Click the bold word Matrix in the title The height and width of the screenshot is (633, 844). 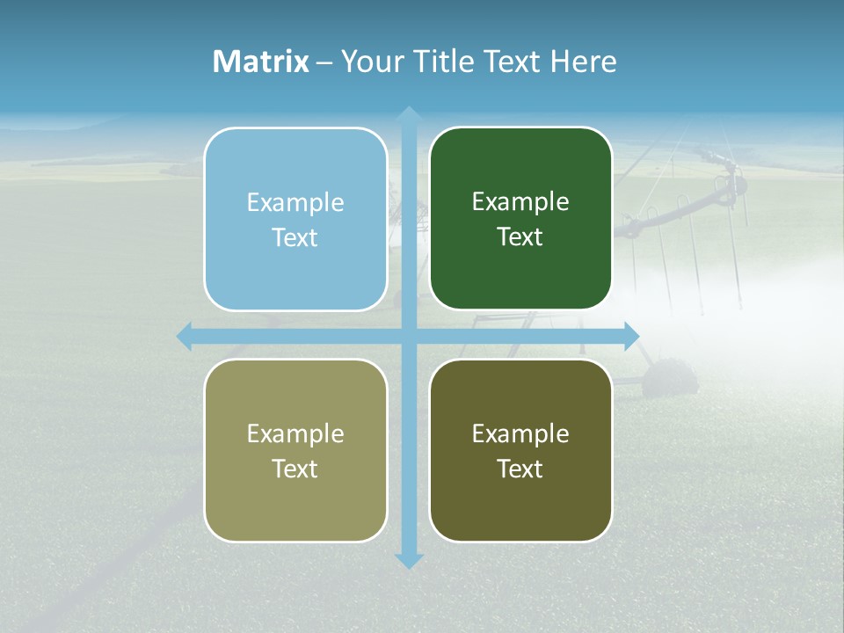[x=261, y=62]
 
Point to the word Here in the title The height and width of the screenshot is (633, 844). [x=583, y=62]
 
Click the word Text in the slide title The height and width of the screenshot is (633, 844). [x=512, y=62]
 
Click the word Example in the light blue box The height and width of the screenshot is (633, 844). [x=295, y=202]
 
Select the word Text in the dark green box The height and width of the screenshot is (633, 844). [x=520, y=237]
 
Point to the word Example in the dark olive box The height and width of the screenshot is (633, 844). [x=520, y=433]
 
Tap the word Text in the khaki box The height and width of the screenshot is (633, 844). [x=295, y=469]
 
